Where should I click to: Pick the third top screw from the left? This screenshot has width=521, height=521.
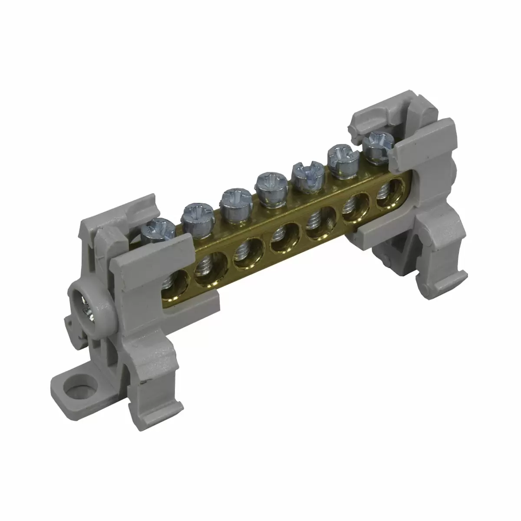pos(233,199)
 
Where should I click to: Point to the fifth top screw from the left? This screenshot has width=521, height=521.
pos(305,172)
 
